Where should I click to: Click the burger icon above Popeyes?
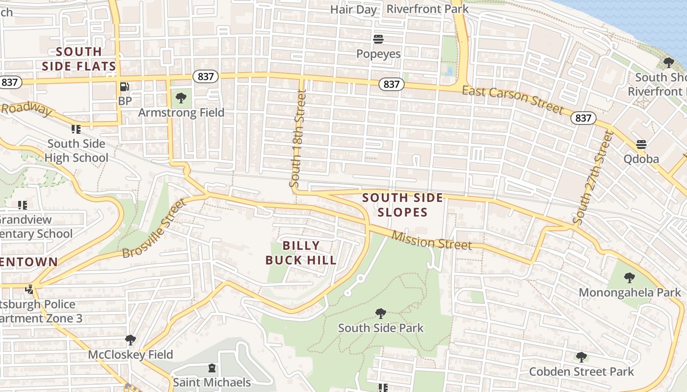[378, 39]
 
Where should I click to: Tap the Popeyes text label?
[378, 53]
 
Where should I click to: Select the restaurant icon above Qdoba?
[641, 145]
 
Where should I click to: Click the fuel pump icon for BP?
[125, 87]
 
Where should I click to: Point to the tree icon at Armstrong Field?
[181, 98]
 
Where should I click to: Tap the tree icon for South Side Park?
[380, 313]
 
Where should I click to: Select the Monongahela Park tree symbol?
[629, 278]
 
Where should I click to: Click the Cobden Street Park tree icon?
[581, 357]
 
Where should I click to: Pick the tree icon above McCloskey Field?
[130, 340]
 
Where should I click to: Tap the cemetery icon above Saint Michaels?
[212, 367]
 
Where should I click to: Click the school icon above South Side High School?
[76, 129]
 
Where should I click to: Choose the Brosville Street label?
[155, 228]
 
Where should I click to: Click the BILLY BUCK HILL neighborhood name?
[301, 253]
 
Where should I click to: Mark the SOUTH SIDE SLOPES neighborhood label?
[403, 205]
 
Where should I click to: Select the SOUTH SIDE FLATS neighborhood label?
[79, 59]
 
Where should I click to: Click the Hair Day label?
[353, 9]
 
